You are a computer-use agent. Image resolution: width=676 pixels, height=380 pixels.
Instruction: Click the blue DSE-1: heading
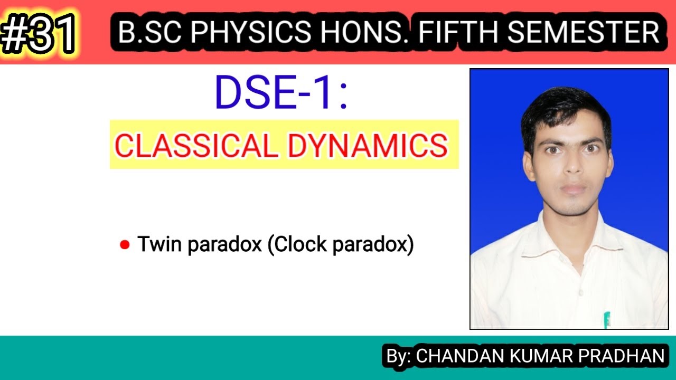281,93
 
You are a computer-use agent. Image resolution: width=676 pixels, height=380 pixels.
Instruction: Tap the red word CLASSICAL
196,146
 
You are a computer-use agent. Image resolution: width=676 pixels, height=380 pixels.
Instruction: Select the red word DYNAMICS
367,146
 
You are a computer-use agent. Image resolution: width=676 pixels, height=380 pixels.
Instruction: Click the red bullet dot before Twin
125,245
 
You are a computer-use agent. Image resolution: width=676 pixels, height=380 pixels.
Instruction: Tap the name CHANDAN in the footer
459,356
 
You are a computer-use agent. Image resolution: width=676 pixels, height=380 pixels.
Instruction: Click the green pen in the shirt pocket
607,320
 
